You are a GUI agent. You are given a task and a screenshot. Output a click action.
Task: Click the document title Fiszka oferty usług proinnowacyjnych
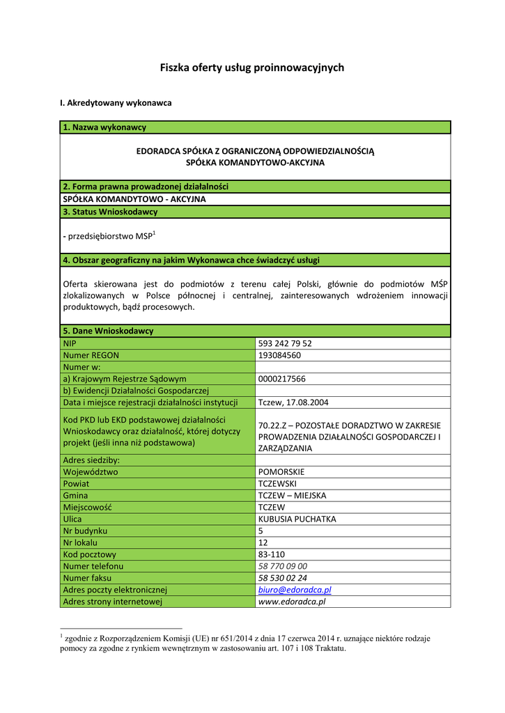coord(252,68)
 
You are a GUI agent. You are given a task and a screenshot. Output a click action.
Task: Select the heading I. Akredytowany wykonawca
coord(116,103)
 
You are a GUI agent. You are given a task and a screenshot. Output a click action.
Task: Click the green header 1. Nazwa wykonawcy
coord(104,127)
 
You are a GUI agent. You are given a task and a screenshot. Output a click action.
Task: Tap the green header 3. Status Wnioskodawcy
coord(110,212)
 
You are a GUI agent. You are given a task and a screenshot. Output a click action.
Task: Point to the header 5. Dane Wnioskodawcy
coord(108,331)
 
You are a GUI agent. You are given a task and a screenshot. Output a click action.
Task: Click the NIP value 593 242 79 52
coord(285,343)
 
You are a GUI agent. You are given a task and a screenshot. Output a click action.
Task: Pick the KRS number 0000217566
coord(281,379)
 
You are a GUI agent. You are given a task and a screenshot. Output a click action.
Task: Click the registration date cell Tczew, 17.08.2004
coord(293,402)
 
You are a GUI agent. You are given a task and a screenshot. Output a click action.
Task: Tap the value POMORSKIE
coord(281,472)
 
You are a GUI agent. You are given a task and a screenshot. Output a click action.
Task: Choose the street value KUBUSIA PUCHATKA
coord(297,519)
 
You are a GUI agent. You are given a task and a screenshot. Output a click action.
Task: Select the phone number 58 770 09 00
coord(282,567)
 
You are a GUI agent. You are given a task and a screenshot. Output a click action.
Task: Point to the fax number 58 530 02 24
coord(282,579)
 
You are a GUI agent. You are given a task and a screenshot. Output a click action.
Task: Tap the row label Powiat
coord(76,484)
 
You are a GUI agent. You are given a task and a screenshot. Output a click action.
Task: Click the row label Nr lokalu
coord(80,543)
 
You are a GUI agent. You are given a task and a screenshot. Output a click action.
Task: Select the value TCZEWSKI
coord(277,484)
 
